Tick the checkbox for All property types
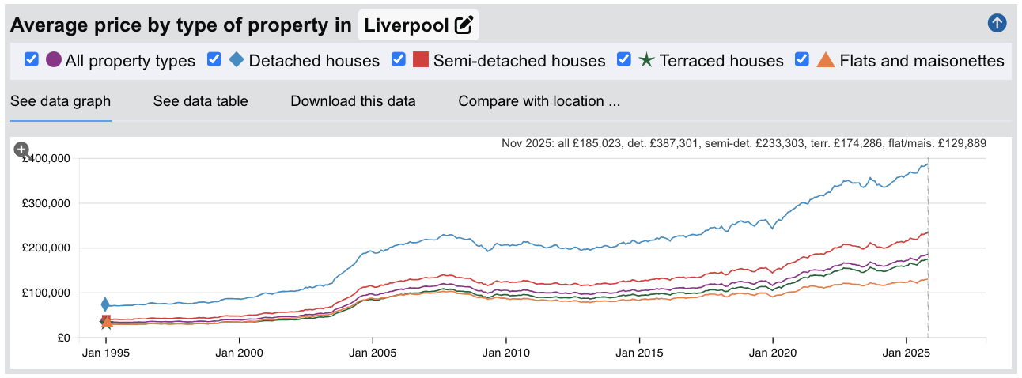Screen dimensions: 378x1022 pos(32,59)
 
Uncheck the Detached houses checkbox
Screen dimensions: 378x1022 pos(214,59)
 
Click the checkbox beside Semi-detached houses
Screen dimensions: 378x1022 pos(399,59)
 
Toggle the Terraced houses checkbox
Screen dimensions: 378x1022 pos(624,59)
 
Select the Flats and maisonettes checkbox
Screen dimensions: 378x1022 pos(802,59)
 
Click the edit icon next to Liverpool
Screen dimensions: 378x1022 pos(464,25)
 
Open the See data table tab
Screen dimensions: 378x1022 pos(200,101)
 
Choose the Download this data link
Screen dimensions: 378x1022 pos(353,101)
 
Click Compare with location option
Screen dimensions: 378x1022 pos(539,101)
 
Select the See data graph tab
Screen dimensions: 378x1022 pos(60,101)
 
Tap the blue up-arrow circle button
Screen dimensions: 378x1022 pos(997,23)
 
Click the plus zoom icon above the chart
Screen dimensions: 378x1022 pos(22,149)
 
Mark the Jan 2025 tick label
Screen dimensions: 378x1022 pos(906,353)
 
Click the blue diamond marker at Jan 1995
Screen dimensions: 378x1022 pos(105,304)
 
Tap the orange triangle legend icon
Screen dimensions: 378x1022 pos(826,60)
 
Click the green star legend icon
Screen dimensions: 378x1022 pos(646,60)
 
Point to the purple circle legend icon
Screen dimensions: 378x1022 pos(54,60)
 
